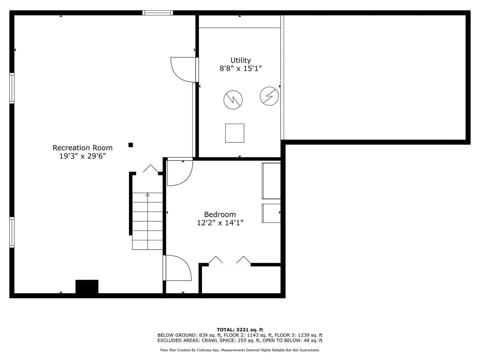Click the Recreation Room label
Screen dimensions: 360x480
[82, 148]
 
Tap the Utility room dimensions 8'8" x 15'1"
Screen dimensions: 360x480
[240, 69]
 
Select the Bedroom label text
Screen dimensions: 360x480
[220, 214]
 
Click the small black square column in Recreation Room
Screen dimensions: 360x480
[131, 145]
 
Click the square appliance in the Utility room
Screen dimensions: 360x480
[235, 133]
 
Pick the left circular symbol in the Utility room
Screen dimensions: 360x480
[233, 100]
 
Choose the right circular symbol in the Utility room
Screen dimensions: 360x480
[269, 96]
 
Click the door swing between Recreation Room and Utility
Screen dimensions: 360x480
[184, 70]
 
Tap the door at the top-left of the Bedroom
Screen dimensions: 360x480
[180, 173]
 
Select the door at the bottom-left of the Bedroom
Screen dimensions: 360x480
[178, 268]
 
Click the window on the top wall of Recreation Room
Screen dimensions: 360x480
[158, 13]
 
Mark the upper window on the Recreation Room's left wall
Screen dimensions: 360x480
[12, 88]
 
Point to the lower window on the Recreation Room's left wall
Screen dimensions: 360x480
[12, 232]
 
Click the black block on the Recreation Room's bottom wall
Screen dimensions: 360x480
[87, 287]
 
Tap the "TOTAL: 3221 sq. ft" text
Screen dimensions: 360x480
[240, 330]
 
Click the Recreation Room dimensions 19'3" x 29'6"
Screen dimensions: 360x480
[82, 156]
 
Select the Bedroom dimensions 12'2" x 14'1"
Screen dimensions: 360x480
[220, 223]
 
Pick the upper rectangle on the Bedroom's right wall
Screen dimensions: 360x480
[271, 181]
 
